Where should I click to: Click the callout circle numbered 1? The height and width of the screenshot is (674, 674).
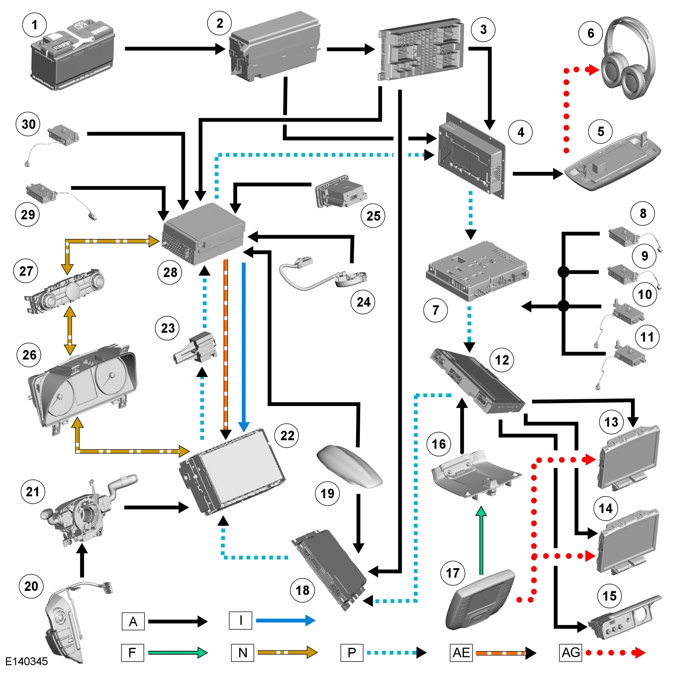click(34, 25)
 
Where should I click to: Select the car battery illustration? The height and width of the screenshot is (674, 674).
click(72, 56)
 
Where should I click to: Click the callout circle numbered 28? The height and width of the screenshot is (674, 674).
click(170, 273)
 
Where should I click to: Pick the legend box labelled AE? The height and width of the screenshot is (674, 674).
click(461, 652)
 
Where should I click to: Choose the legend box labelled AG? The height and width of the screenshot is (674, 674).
click(570, 652)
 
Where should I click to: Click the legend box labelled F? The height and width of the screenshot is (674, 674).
click(132, 652)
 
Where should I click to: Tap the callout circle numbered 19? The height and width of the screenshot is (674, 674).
click(327, 494)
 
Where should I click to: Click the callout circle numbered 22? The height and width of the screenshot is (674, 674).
click(287, 435)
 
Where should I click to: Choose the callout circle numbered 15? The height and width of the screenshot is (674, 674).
click(609, 596)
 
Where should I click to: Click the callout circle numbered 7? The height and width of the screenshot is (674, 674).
click(435, 310)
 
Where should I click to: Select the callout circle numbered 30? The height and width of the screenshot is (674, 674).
click(28, 124)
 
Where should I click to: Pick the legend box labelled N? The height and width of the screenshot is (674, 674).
click(242, 652)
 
